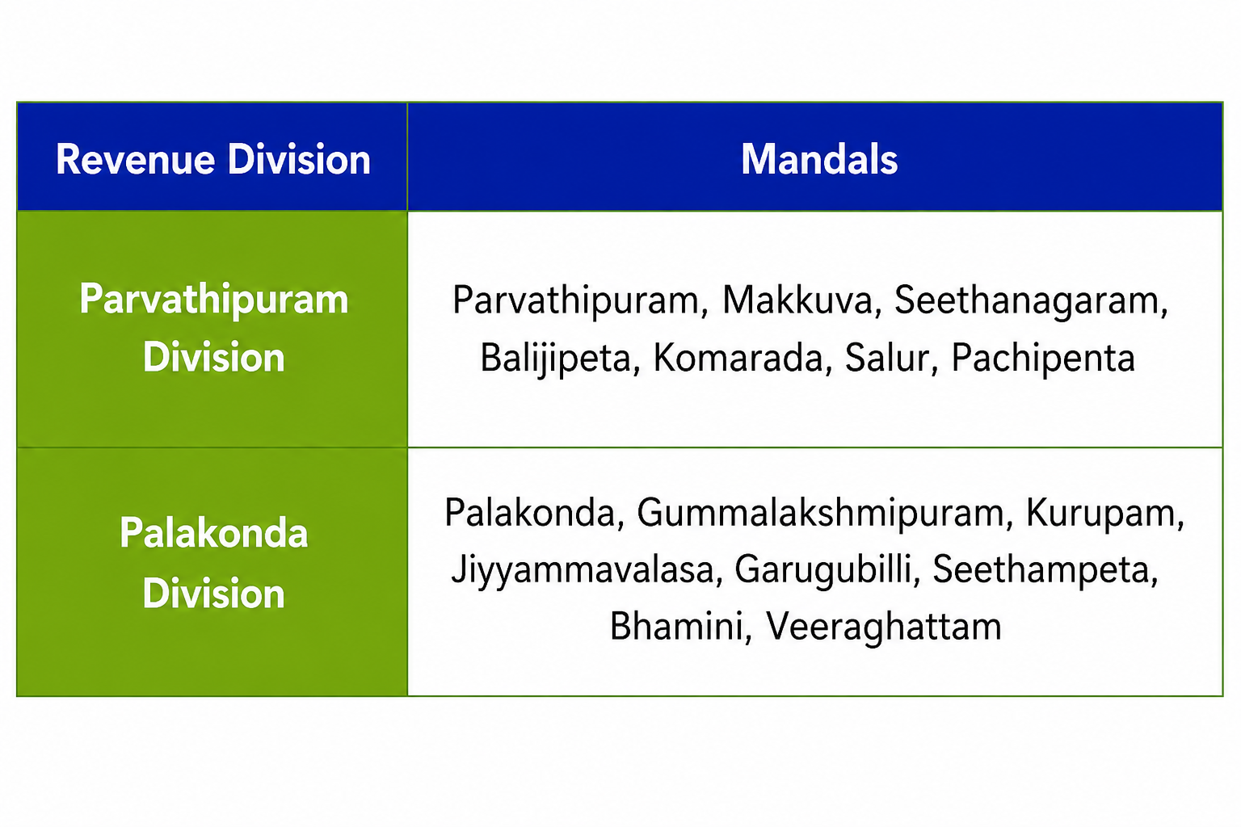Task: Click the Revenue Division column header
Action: [213, 160]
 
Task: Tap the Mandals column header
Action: [819, 160]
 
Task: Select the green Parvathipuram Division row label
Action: [214, 328]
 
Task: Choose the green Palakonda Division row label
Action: [214, 563]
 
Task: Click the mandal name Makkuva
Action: [797, 300]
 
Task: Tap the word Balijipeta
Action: [555, 359]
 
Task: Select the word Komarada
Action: [738, 359]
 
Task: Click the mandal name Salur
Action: [886, 359]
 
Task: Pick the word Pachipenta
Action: [1043, 359]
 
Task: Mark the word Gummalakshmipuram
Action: [820, 514]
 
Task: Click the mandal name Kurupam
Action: [1100, 514]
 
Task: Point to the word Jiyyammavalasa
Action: [583, 570]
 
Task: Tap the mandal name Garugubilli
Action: [823, 570]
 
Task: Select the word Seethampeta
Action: [1041, 570]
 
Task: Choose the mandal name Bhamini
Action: [676, 627]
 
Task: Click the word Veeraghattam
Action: [884, 627]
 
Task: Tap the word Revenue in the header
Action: [135, 160]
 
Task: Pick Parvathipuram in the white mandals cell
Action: [576, 300]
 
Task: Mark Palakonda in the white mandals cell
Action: [530, 514]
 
